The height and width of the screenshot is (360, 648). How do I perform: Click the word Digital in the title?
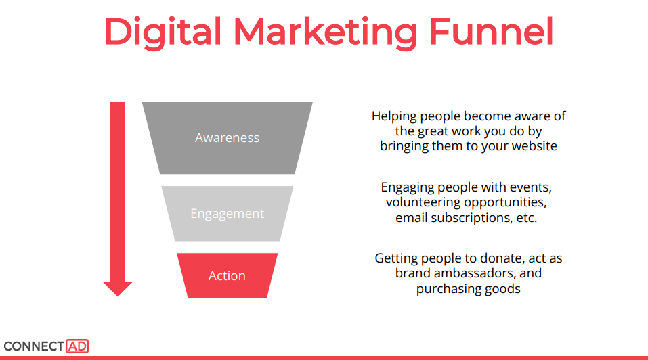[x=163, y=32]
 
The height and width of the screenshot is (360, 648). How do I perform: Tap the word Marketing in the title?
[x=326, y=32]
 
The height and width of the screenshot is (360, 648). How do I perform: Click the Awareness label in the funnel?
[x=228, y=137]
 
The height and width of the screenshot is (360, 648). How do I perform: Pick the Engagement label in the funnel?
[x=228, y=214]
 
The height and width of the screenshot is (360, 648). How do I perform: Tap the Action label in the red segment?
[x=227, y=275]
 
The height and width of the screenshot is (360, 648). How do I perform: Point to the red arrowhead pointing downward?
[x=118, y=289]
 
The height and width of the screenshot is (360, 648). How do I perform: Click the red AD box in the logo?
[x=77, y=346]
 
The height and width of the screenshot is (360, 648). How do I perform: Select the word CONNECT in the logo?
[x=34, y=346]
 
